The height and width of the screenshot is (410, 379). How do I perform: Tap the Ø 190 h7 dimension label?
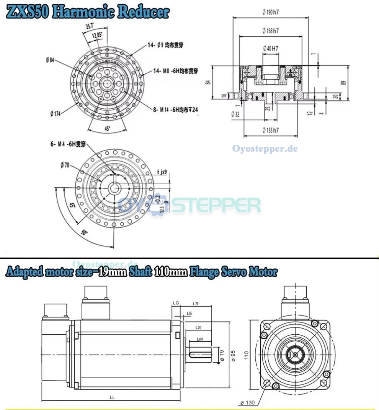[x=270, y=12]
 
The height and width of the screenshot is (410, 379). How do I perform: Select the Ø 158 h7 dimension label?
[x=270, y=31]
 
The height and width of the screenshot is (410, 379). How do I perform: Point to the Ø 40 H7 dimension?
[x=270, y=48]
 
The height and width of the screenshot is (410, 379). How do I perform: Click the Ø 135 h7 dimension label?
[x=270, y=130]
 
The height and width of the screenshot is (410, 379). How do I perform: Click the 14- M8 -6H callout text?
[x=175, y=71]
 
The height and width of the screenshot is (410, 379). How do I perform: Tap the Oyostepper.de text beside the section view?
[x=265, y=149]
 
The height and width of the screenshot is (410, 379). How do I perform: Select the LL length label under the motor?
[x=112, y=397]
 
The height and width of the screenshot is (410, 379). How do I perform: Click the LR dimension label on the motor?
[x=196, y=304]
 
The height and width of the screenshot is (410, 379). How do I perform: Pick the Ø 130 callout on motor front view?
[x=247, y=402]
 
